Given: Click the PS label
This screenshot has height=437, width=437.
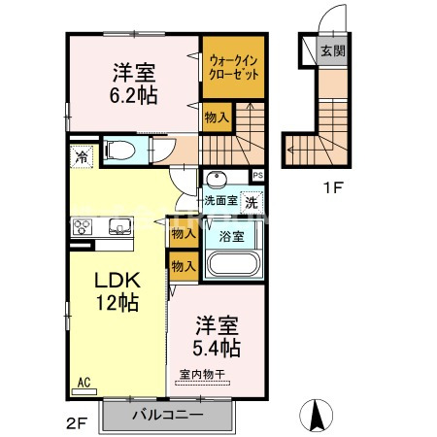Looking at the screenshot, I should (x=257, y=175).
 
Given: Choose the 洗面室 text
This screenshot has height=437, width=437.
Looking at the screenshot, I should (x=220, y=202).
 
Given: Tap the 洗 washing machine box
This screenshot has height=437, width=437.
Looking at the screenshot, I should (x=251, y=203).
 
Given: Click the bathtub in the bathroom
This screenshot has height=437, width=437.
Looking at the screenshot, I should (x=233, y=264).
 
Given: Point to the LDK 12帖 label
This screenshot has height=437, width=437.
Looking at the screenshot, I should (x=118, y=290).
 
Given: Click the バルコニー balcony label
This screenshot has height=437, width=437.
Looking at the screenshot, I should (x=167, y=415).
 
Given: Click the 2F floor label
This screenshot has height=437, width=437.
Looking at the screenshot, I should (x=77, y=423).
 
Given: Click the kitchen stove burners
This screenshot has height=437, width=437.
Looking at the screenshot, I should (x=82, y=228).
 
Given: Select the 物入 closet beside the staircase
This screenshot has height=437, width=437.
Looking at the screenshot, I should (x=217, y=117).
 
